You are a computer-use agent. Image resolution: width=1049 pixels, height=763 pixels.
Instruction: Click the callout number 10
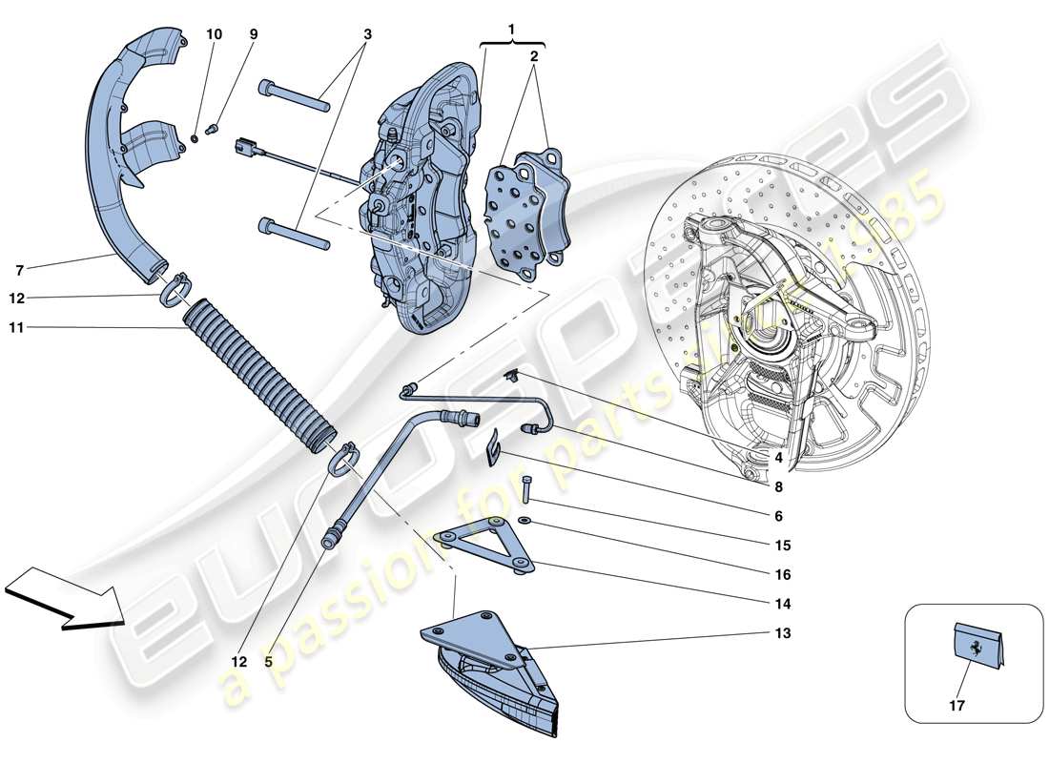click(214, 34)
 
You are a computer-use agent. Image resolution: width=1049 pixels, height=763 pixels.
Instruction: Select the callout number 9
click(254, 34)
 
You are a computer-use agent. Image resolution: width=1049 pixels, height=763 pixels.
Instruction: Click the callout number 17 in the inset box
click(956, 707)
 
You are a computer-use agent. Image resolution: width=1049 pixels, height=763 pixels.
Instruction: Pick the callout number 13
click(782, 632)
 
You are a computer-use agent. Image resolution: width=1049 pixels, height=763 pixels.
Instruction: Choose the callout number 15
click(782, 546)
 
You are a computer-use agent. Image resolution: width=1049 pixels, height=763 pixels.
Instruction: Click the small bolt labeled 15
click(526, 487)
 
